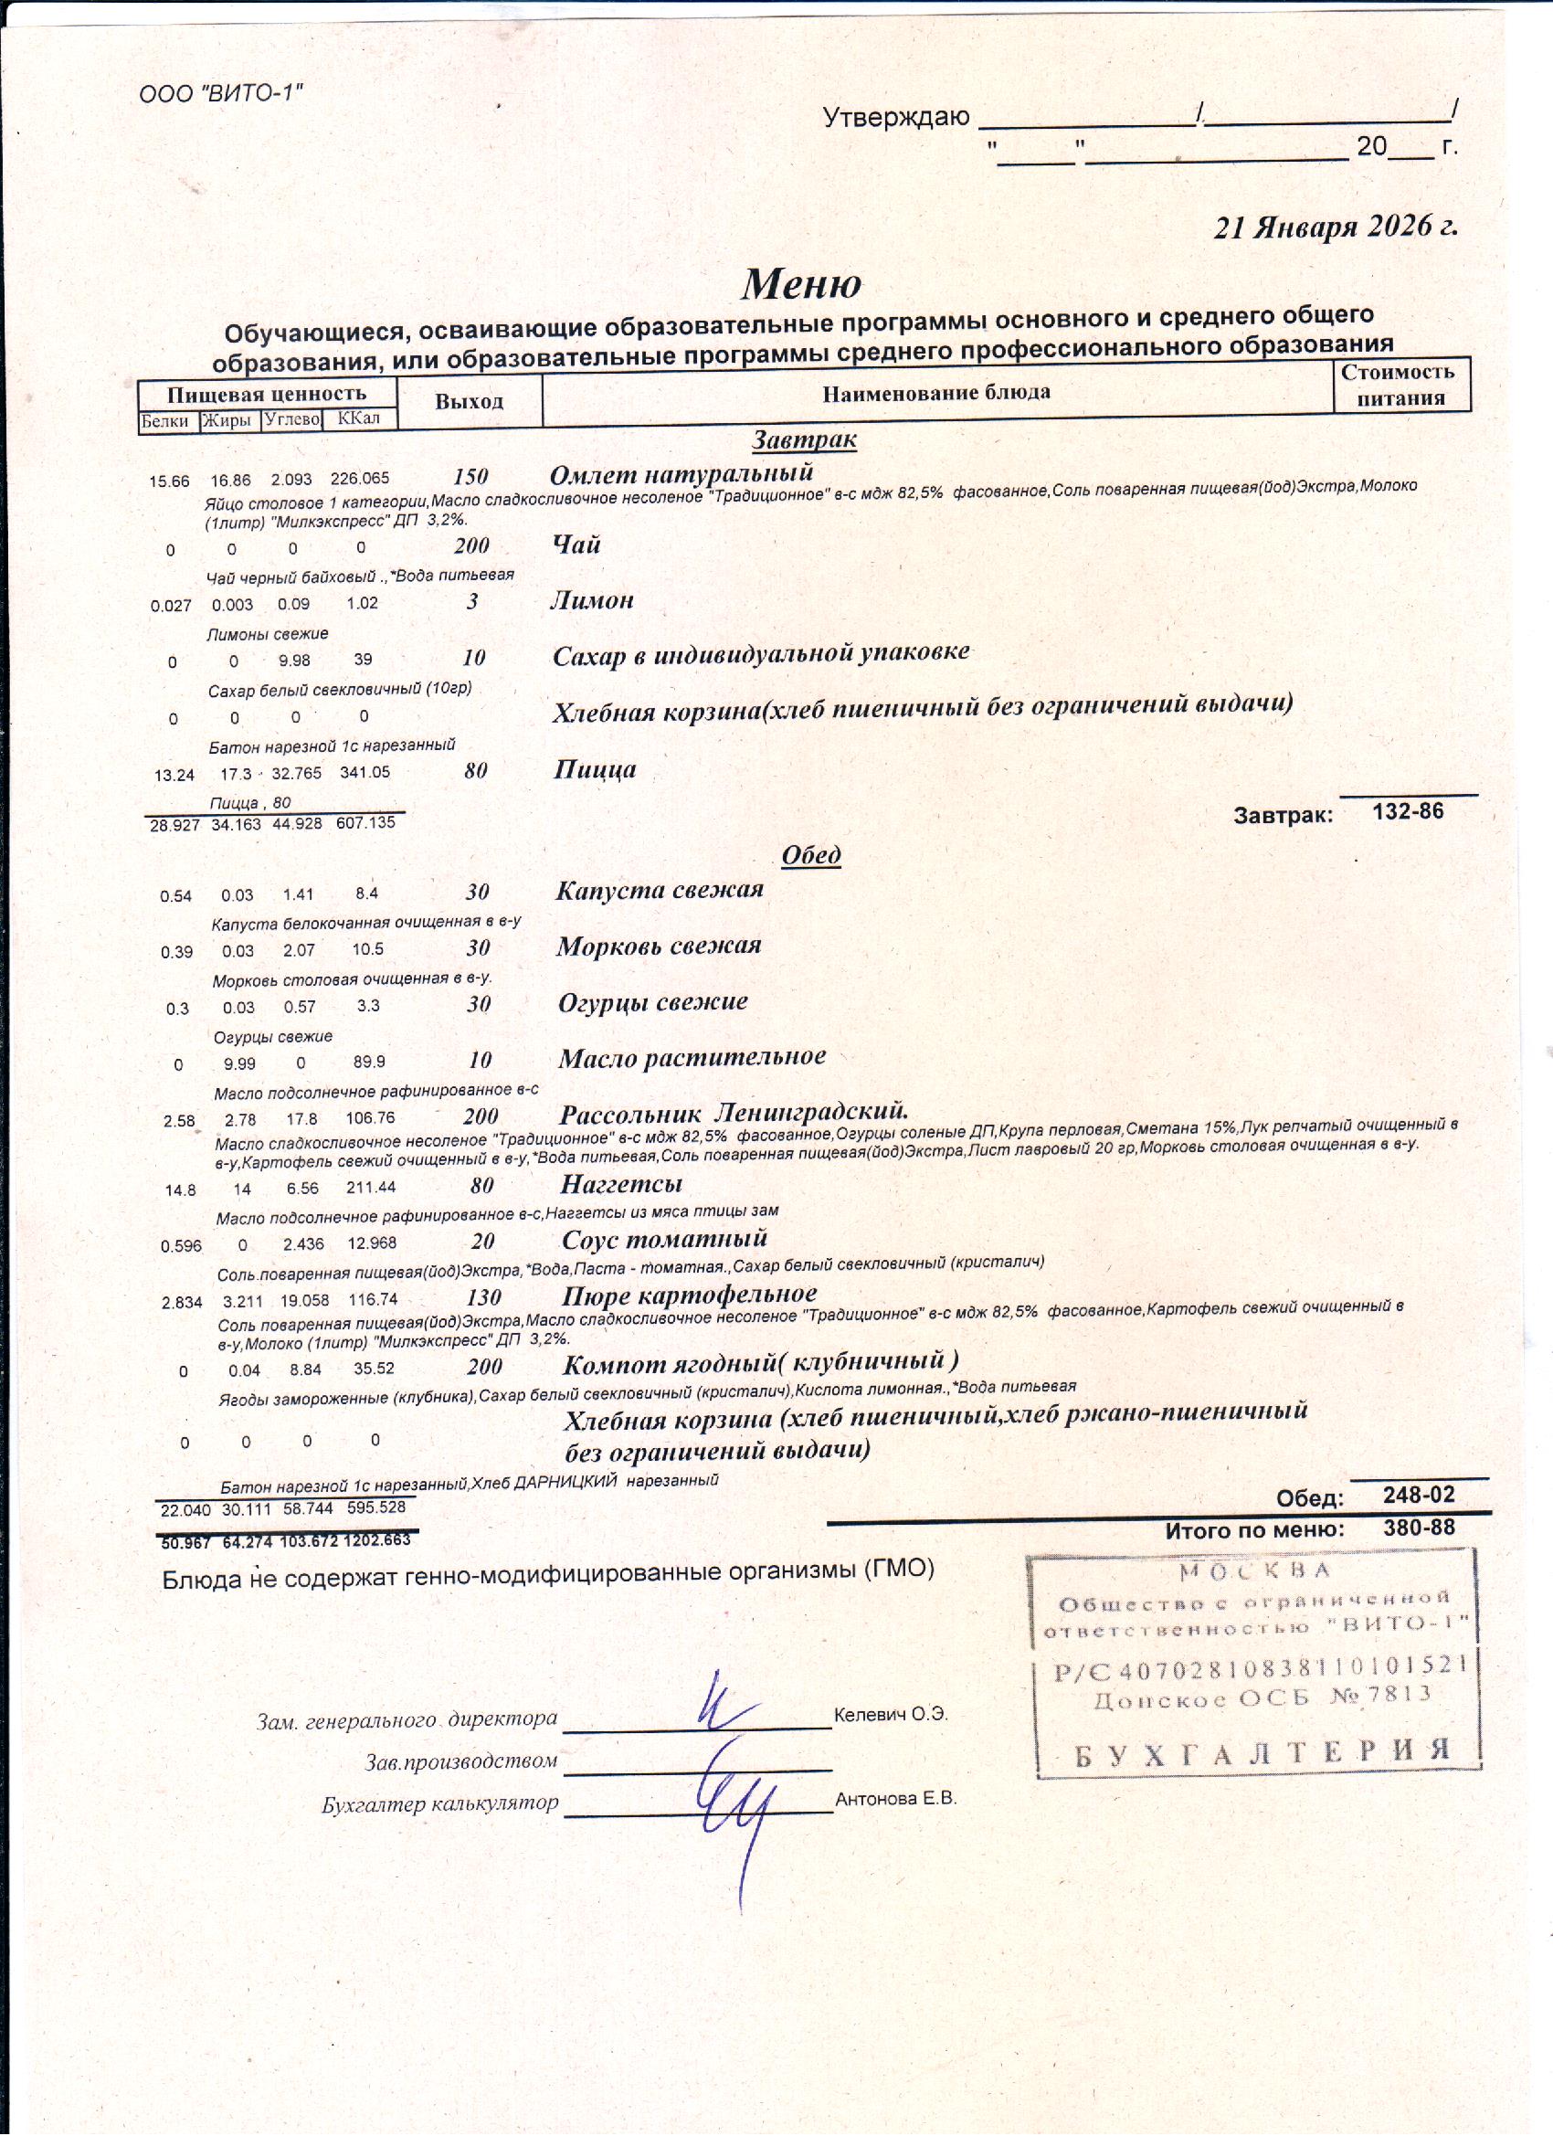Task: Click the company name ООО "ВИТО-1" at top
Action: click(220, 93)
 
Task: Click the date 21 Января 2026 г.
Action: click(1335, 227)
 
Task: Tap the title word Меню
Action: click(800, 284)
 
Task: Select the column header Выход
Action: click(469, 401)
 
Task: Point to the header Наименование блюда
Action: click(936, 393)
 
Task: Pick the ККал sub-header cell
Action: click(359, 418)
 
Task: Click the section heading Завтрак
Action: click(803, 439)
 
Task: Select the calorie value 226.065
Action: click(360, 480)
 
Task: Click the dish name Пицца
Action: click(595, 769)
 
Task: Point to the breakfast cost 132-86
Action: click(1407, 812)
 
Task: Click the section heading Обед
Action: click(811, 855)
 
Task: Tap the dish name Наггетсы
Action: click(620, 1184)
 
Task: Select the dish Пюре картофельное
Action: click(689, 1295)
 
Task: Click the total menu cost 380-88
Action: click(1419, 1528)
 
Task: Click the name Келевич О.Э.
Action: click(891, 1715)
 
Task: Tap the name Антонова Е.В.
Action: click(895, 1799)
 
